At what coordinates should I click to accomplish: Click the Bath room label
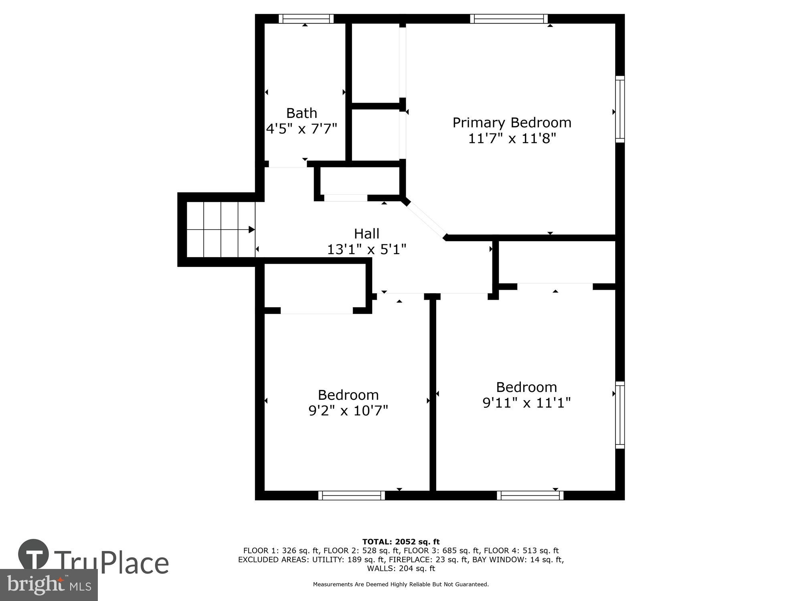pyautogui.click(x=302, y=113)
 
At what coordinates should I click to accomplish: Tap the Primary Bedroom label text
pyautogui.click(x=512, y=123)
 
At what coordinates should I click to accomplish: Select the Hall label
pyautogui.click(x=367, y=234)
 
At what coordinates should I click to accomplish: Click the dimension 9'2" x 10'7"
pyautogui.click(x=348, y=411)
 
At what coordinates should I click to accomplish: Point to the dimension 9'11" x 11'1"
pyautogui.click(x=527, y=403)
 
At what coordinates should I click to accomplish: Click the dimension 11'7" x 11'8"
pyautogui.click(x=512, y=139)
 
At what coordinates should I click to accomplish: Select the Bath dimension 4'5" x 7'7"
pyautogui.click(x=302, y=129)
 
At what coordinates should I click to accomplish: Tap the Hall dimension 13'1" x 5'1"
pyautogui.click(x=367, y=250)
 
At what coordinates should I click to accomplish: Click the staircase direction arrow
pyautogui.click(x=251, y=230)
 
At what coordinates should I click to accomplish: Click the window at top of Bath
pyautogui.click(x=306, y=18)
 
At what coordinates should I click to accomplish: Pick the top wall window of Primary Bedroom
pyautogui.click(x=508, y=18)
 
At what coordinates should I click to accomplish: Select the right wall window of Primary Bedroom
pyautogui.click(x=620, y=109)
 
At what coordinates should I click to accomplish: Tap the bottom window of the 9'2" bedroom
pyautogui.click(x=352, y=496)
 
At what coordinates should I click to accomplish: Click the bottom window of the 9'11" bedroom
pyautogui.click(x=530, y=496)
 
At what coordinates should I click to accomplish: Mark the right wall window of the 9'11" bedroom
pyautogui.click(x=620, y=415)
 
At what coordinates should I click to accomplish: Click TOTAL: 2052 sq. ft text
pyautogui.click(x=401, y=542)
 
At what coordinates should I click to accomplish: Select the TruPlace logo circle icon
pyautogui.click(x=34, y=555)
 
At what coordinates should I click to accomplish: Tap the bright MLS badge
pyautogui.click(x=49, y=585)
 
